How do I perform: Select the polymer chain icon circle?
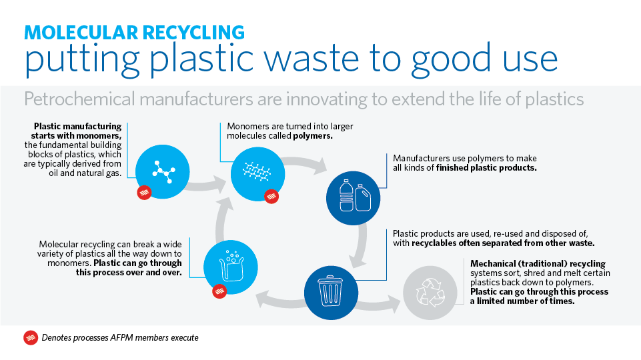pos(256,171)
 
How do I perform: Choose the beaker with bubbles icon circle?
pos(229,265)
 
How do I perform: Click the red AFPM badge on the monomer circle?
pos(143,193)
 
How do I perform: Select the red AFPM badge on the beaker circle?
pos(219,291)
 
